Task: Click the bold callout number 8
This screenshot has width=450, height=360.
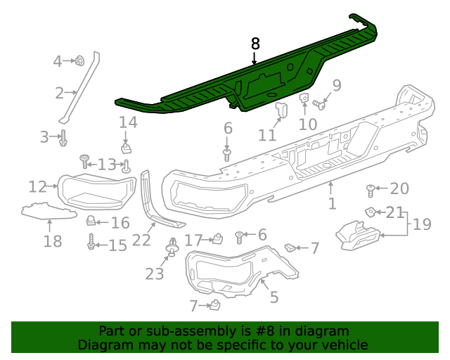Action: [255, 44]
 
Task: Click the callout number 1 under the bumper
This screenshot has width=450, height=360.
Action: [332, 203]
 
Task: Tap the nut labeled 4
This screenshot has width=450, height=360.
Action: [79, 61]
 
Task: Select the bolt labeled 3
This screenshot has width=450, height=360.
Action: [63, 138]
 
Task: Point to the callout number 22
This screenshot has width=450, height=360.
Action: [141, 240]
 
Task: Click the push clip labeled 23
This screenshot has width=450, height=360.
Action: [172, 247]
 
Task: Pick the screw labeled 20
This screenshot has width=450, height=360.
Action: [371, 191]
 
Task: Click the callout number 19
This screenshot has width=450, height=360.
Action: [422, 224]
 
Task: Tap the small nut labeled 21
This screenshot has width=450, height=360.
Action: [371, 213]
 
